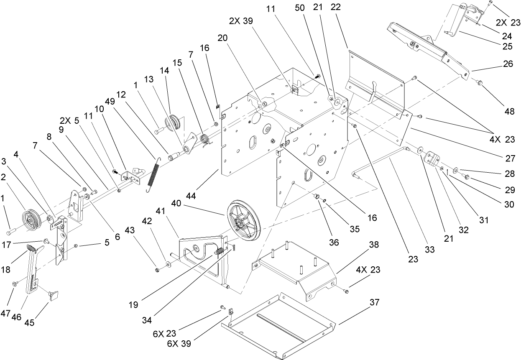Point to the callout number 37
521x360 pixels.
tap(374, 302)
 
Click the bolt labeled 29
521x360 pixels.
tap(467, 178)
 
